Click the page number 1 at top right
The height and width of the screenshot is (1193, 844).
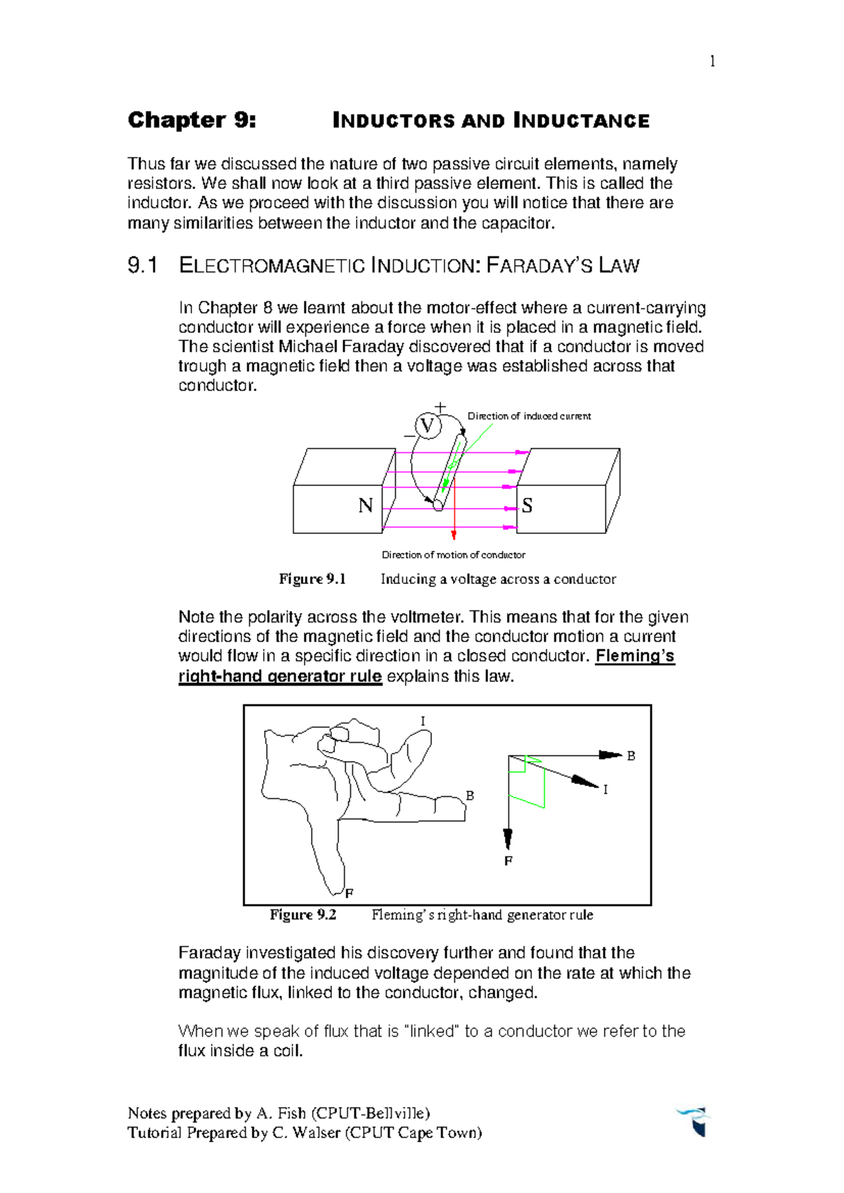712,61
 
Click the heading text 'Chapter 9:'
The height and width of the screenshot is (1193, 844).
191,120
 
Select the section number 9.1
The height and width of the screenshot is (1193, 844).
142,266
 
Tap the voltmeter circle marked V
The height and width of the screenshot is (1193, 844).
427,426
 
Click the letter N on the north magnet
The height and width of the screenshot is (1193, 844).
365,506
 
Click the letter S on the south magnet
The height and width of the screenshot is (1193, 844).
527,506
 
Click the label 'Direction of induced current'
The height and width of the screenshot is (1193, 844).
529,416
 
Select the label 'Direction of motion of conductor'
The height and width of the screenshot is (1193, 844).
453,555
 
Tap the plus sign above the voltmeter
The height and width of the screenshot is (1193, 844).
440,407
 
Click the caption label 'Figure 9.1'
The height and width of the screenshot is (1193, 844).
312,579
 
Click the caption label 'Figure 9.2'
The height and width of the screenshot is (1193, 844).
303,914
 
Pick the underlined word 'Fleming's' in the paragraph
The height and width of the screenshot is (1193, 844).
634,656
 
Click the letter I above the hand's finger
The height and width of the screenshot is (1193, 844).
423,721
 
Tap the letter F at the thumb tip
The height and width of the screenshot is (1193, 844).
349,893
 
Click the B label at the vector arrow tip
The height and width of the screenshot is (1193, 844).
631,756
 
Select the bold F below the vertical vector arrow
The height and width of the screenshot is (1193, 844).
509,861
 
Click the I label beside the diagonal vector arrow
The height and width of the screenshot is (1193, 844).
605,790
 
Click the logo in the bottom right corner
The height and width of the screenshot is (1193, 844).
694,1121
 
